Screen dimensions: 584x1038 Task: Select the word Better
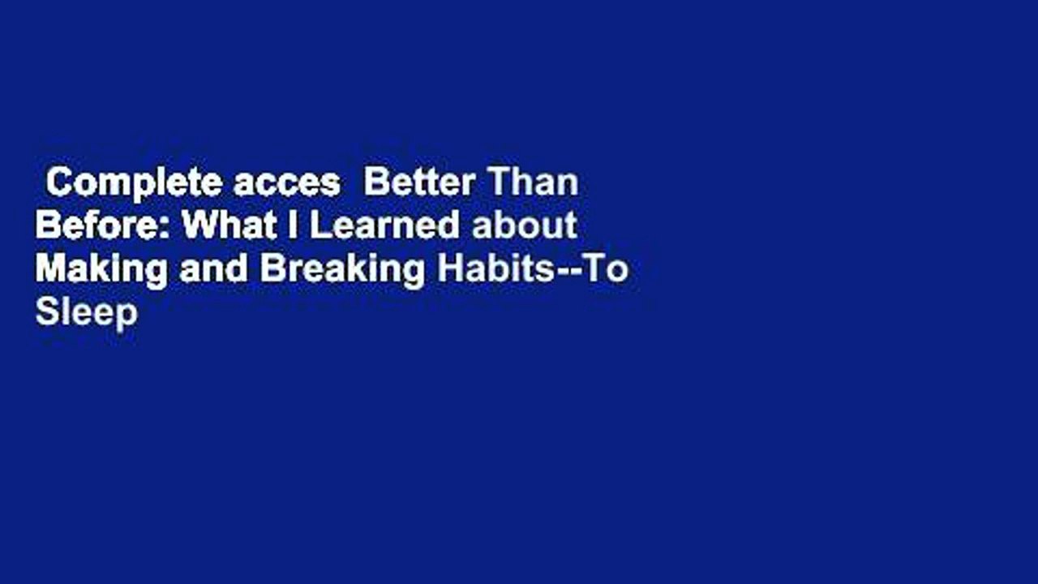[418, 184]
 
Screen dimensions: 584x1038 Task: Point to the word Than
[531, 184]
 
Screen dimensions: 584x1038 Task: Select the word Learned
[384, 226]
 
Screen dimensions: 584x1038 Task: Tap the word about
[525, 226]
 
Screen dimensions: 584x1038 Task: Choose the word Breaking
[341, 270]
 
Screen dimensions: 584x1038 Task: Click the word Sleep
[86, 312]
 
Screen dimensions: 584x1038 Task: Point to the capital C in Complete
[58, 184]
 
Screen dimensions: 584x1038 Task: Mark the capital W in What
[198, 226]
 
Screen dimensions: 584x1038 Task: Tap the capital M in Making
[49, 269]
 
